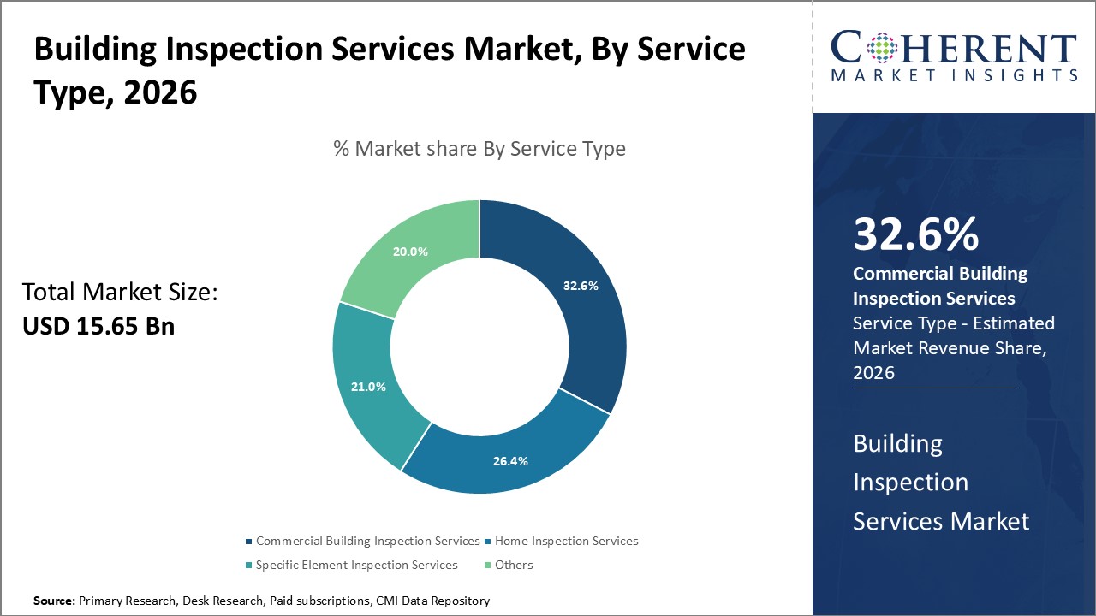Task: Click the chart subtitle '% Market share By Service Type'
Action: [x=479, y=149]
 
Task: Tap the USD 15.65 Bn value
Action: [x=98, y=326]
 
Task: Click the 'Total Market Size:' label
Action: [x=120, y=293]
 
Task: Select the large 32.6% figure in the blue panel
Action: [x=915, y=234]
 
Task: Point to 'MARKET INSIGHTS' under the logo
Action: [x=955, y=75]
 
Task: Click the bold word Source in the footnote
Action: [x=53, y=601]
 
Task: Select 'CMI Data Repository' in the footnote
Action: [x=432, y=601]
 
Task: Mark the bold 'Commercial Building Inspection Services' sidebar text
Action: [x=940, y=286]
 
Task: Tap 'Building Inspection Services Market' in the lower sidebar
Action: [x=940, y=483]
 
